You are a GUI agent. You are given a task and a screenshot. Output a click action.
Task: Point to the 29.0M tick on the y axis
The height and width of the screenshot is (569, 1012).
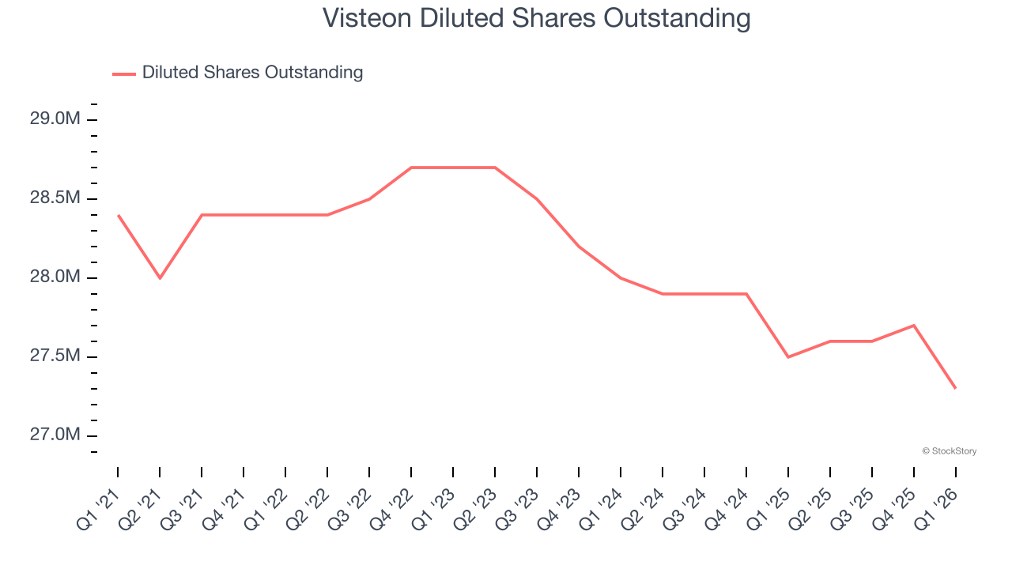click(55, 119)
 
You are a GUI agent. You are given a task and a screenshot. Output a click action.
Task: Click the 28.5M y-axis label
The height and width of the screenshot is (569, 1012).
click(55, 198)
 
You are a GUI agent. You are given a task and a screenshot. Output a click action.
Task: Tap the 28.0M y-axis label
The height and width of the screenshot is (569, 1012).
click(55, 277)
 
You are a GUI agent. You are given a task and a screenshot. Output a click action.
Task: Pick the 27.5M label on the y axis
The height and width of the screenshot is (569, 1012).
click(55, 356)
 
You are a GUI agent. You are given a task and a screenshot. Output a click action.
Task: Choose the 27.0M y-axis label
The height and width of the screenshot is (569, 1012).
click(55, 435)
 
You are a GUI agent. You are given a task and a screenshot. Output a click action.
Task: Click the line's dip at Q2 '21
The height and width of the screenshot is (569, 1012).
click(160, 278)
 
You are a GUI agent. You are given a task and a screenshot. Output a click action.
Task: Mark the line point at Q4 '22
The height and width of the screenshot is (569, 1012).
click(411, 168)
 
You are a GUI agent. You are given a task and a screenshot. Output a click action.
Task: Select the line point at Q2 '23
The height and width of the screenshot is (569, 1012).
click(495, 168)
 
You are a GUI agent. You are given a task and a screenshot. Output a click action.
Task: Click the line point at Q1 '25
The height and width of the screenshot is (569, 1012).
click(788, 357)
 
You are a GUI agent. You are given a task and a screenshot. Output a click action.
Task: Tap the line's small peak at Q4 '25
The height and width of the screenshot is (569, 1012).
click(914, 326)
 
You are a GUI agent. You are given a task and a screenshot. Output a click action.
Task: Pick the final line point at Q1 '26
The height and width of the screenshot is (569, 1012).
click(956, 388)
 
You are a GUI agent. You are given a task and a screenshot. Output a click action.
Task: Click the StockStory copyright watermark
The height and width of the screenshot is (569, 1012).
click(949, 451)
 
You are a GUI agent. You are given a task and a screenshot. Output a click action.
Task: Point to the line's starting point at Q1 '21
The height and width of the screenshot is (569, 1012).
click(118, 215)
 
